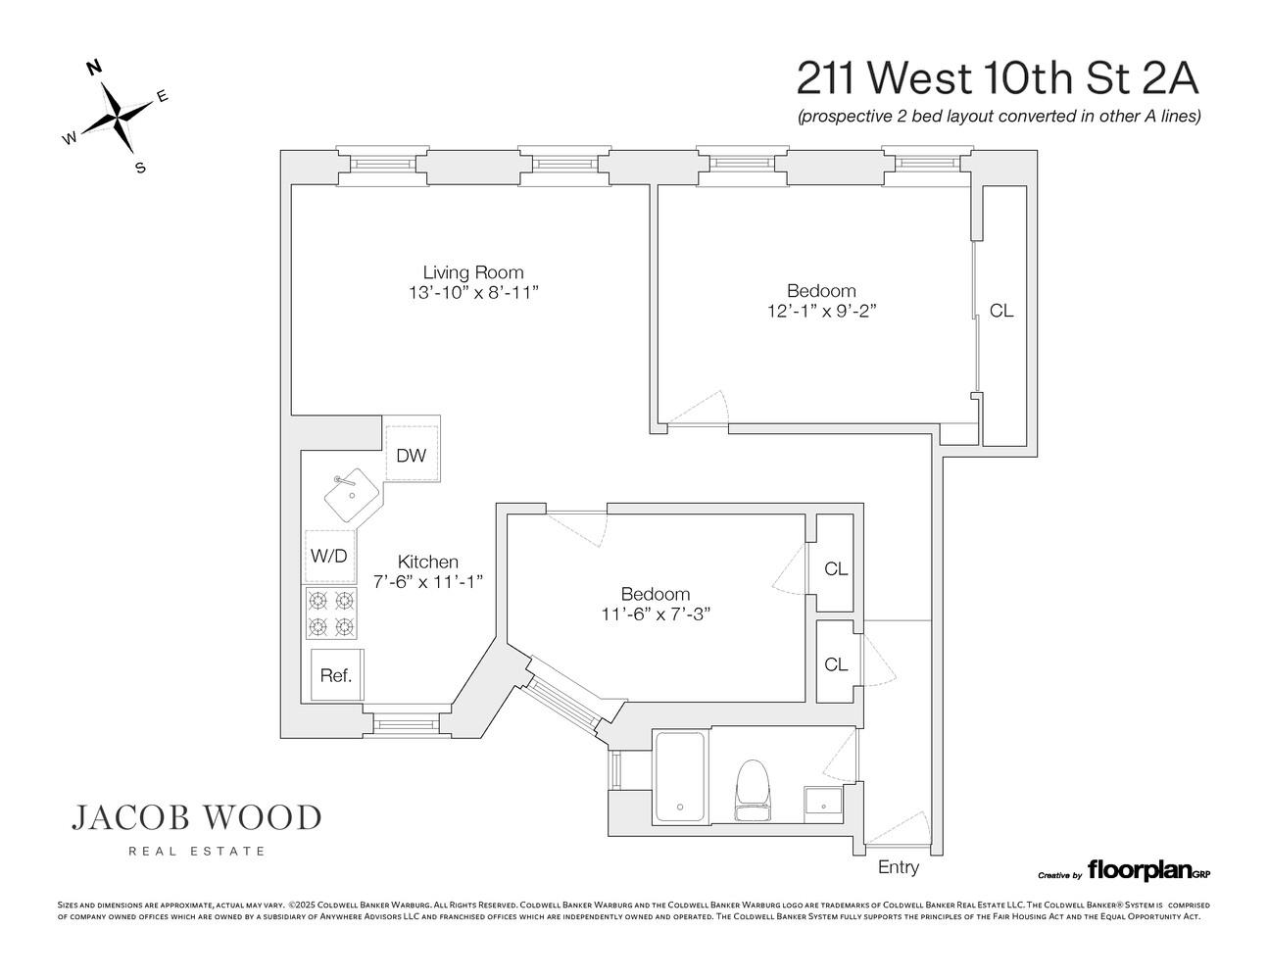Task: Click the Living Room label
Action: point(472,272)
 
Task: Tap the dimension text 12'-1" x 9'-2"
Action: point(821,311)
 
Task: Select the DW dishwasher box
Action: point(411,455)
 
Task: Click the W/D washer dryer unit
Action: point(328,556)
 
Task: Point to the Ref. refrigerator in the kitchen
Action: point(335,675)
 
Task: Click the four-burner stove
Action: point(330,613)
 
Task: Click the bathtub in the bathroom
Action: point(678,776)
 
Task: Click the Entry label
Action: point(898,867)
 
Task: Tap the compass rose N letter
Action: point(95,68)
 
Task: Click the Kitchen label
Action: point(427,562)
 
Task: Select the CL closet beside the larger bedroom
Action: point(1001,312)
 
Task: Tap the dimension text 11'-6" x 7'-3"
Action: point(655,613)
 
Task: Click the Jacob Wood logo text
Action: point(196,817)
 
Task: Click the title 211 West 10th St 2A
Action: point(997,76)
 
